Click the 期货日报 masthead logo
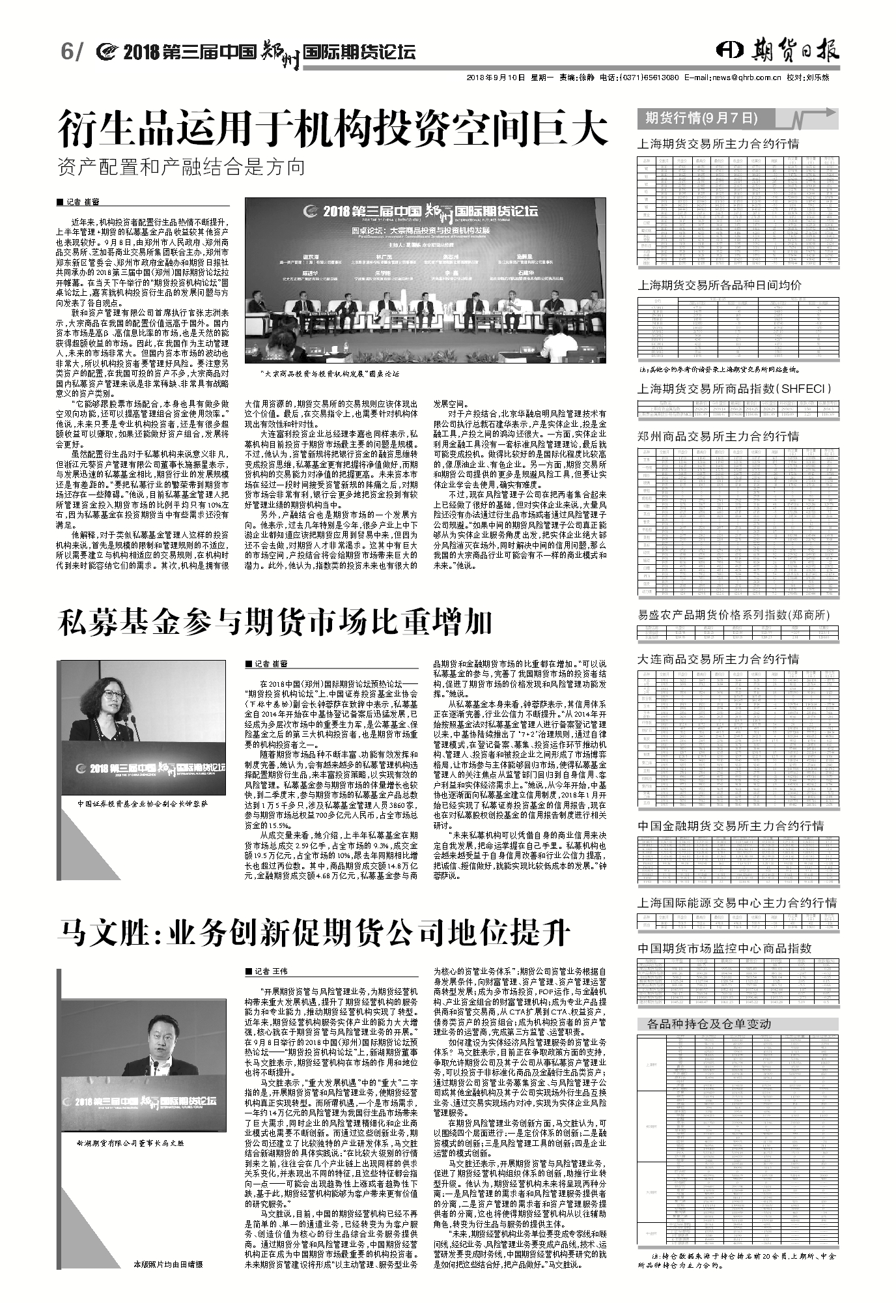pyautogui.click(x=777, y=50)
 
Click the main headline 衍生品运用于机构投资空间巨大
pyautogui.click(x=333, y=128)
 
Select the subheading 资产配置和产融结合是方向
pyautogui.click(x=181, y=167)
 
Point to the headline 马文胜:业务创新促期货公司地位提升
pyautogui.click(x=313, y=933)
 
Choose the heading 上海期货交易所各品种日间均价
pyautogui.click(x=719, y=285)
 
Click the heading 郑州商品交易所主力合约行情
pyautogui.click(x=718, y=436)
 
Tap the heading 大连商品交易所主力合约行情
pyautogui.click(x=718, y=659)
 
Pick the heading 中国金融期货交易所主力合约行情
pyautogui.click(x=730, y=826)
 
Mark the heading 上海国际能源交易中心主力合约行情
pyautogui.click(x=736, y=903)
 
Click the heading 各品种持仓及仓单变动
pyautogui.click(x=708, y=1024)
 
